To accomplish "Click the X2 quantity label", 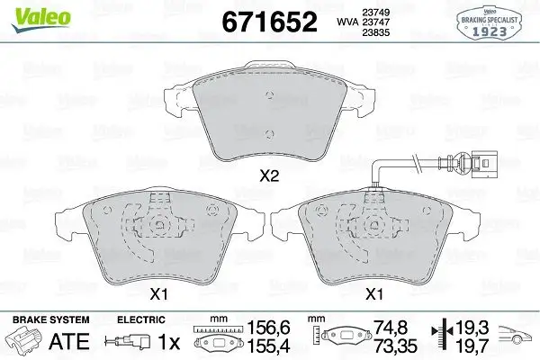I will [268, 177].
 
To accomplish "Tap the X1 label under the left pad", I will [158, 293].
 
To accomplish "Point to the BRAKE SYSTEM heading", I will [51, 319].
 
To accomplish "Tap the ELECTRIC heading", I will [141, 319].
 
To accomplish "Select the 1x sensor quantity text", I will [169, 342].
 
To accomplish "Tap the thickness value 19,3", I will [471, 330].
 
